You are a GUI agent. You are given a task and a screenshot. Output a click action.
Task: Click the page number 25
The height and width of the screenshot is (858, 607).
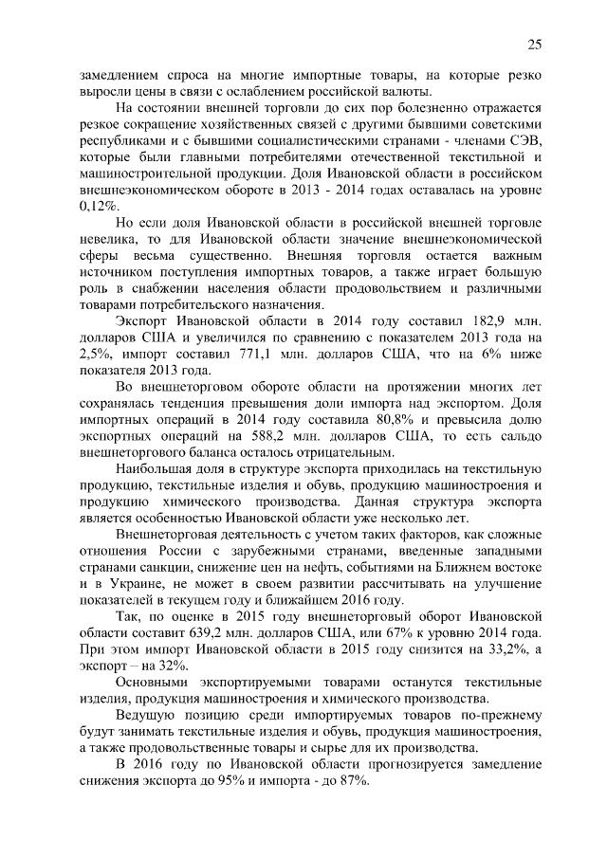click(534, 44)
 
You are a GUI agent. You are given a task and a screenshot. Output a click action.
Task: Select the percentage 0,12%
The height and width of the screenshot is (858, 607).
click(100, 206)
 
